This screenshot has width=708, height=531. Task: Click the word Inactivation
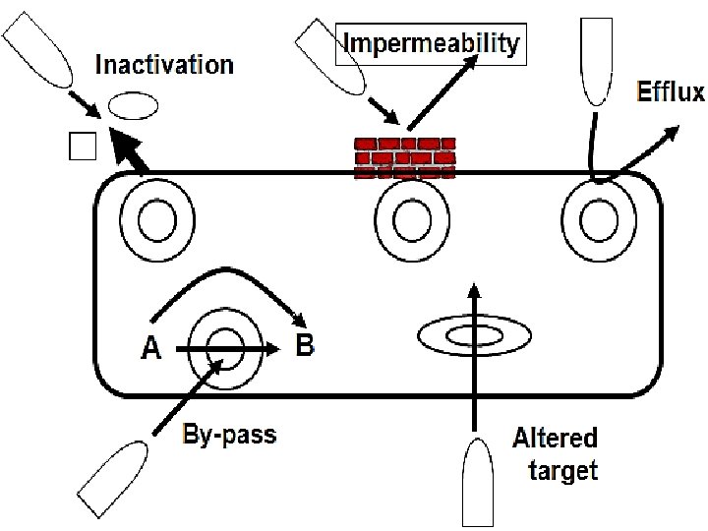[164, 66]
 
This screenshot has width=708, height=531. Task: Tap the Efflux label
[671, 92]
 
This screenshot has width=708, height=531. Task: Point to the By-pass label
[229, 434]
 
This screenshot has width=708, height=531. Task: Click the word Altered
[555, 438]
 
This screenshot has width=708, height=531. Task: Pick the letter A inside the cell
[150, 349]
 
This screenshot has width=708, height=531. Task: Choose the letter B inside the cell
[305, 346]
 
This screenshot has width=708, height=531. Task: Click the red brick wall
[404, 156]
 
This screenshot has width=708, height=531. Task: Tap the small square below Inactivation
[83, 146]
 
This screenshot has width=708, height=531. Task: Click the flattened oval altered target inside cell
[475, 337]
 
